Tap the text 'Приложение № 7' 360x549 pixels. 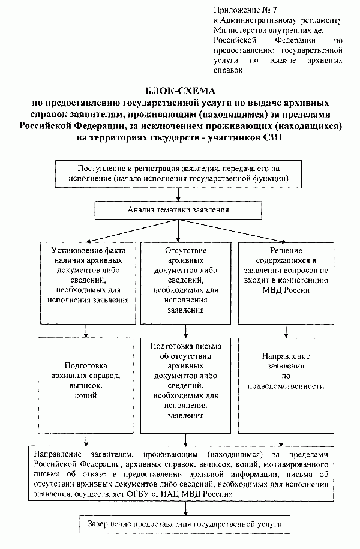(x=240, y=10)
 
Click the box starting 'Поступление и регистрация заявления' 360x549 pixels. (x=179, y=173)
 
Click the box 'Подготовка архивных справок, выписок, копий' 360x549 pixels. (x=87, y=381)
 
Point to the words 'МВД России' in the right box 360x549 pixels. (x=289, y=290)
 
